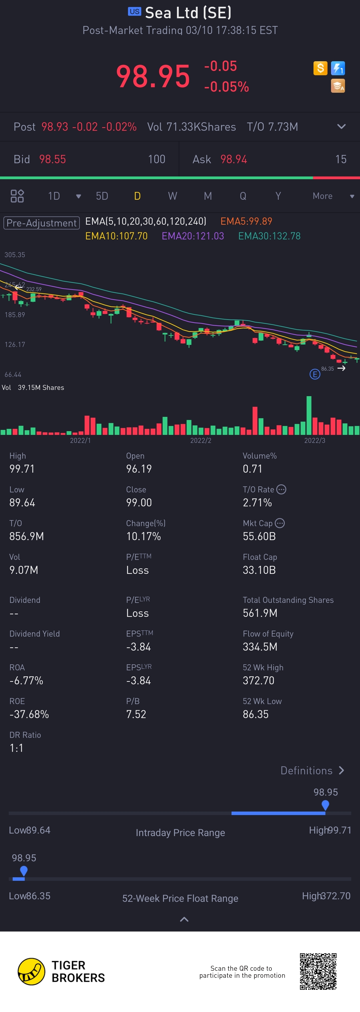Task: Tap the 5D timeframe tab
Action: [102, 196]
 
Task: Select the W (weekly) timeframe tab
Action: [172, 196]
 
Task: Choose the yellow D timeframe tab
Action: [137, 196]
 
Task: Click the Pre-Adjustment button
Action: [42, 223]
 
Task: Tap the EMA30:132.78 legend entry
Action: [269, 236]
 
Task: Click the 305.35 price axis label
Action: [15, 255]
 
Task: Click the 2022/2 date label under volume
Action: [200, 440]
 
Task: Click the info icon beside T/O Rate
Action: [281, 489]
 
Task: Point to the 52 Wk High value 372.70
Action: [258, 680]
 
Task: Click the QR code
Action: [318, 971]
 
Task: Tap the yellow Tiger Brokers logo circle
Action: [31, 972]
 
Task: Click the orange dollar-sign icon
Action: [320, 68]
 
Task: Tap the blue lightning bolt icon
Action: [338, 68]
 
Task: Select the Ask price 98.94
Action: [233, 159]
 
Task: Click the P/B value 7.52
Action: [136, 714]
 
